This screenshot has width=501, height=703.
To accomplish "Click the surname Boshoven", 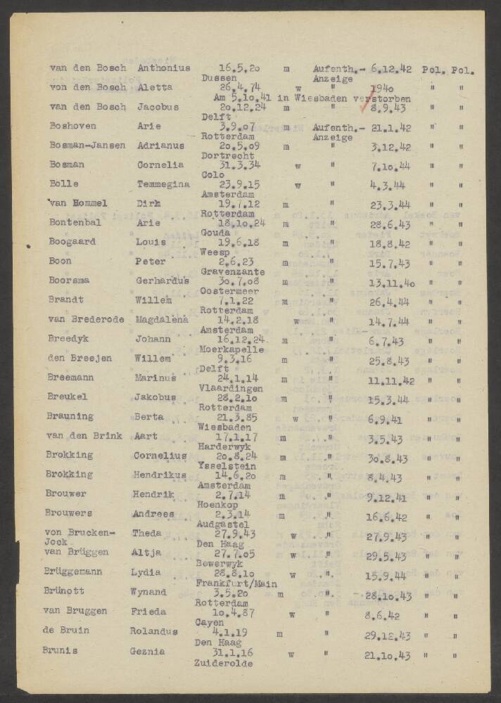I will tap(70, 127).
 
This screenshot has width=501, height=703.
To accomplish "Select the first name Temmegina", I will tap(163, 185).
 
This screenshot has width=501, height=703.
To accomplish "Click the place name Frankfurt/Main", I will tap(236, 583).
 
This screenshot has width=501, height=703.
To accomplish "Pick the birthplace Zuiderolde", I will tap(223, 662).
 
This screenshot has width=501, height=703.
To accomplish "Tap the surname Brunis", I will tap(63, 650).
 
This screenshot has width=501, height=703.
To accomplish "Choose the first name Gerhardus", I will tap(163, 280).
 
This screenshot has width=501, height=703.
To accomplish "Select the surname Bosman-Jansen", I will tap(87, 146).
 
